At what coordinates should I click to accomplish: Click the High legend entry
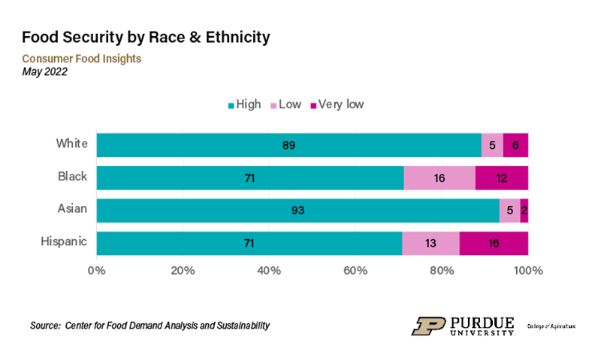coord(244,105)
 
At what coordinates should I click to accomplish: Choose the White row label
coord(72,144)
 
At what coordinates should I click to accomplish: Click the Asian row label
coord(72,209)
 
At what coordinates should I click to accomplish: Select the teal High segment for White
coord(288,145)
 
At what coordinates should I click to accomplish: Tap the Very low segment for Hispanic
coord(494,243)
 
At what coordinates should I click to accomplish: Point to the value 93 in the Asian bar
coord(298,211)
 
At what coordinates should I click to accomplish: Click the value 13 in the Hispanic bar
coord(430,243)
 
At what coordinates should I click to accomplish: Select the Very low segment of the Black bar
coord(502,177)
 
